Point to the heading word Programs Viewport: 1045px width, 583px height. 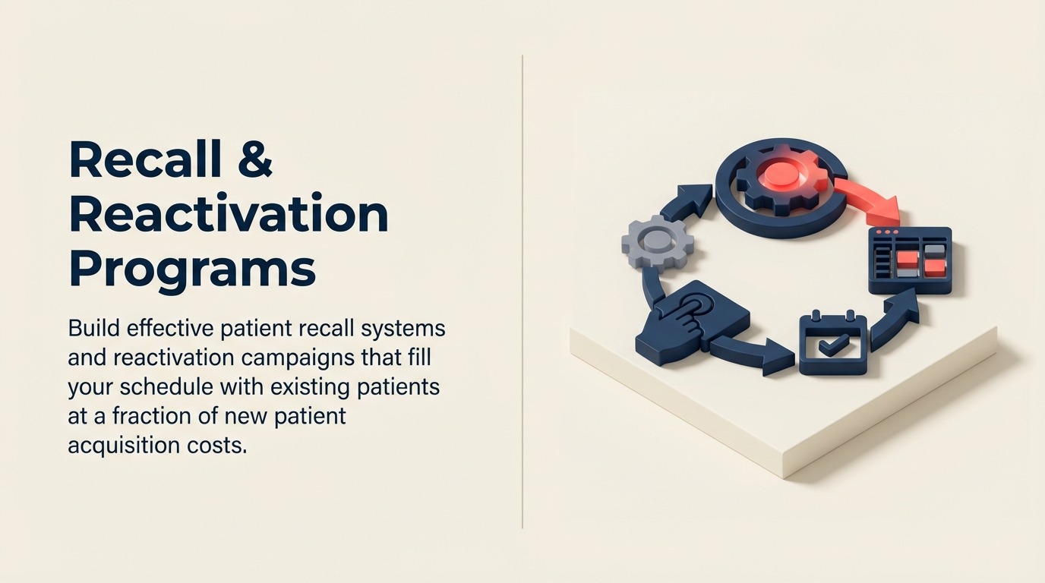click(192, 269)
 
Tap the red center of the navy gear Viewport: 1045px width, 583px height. click(780, 175)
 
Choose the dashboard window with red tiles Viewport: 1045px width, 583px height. click(910, 260)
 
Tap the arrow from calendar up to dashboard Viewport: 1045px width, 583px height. click(897, 320)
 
